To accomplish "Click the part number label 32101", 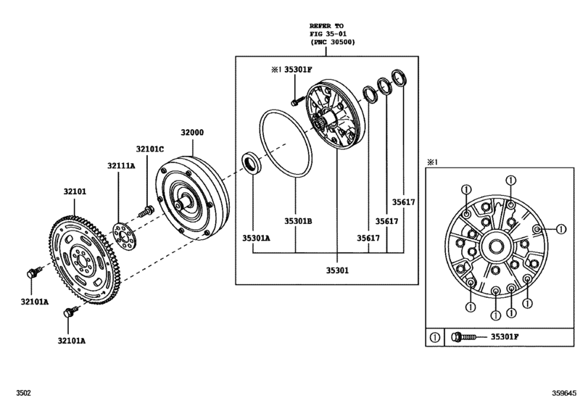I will pyautogui.click(x=74, y=192).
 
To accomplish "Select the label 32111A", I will pyautogui.click(x=122, y=166).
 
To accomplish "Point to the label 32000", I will pyautogui.click(x=192, y=132).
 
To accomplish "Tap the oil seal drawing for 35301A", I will pyautogui.click(x=250, y=163).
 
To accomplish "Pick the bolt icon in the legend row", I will pyautogui.click(x=464, y=336).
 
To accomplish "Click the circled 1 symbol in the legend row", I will pyautogui.click(x=434, y=337).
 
